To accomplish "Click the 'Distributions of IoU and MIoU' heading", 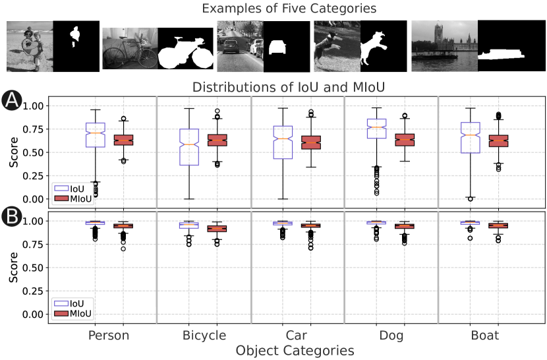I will tap(289, 87).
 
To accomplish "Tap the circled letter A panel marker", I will tap(11, 100).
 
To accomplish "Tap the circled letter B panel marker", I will tap(11, 216).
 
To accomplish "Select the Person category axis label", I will tap(109, 336).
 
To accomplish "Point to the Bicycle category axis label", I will tap(204, 336).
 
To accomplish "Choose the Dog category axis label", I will tap(391, 336).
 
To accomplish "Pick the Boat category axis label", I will tap(484, 336).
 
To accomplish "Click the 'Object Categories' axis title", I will tap(295, 351).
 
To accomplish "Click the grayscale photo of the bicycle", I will tap(130, 48).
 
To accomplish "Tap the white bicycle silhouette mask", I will tap(187, 53).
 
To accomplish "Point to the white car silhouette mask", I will tap(278, 47).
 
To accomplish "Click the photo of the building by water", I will tap(444, 45).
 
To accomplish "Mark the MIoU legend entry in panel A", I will tap(72, 197).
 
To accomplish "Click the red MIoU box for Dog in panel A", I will tap(405, 140).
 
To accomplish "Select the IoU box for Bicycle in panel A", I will tap(190, 147).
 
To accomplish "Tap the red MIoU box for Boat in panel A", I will tap(498, 140).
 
